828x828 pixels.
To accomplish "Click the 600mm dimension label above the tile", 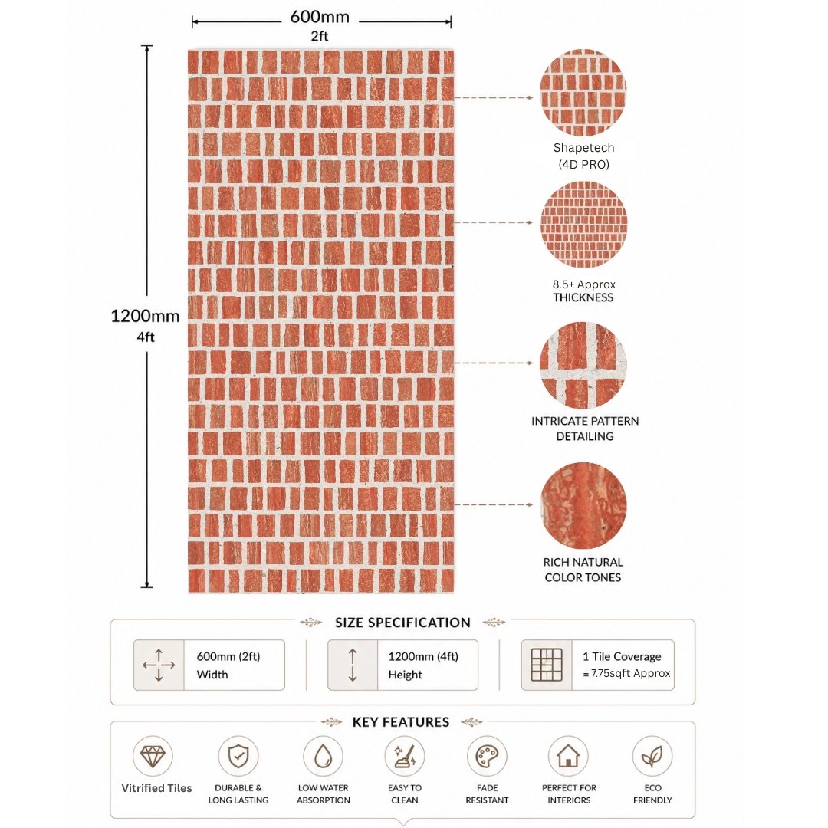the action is pos(320,17).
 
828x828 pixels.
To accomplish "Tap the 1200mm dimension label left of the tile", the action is pos(145,316).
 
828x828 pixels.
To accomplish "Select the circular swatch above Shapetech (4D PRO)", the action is pos(583,93).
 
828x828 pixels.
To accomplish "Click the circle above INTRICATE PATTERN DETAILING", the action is pos(583,365).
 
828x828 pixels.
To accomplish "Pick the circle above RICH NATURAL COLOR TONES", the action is pos(583,506).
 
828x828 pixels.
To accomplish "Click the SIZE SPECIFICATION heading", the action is pos(403,623).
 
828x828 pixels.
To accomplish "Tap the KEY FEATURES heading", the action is pos(401,722).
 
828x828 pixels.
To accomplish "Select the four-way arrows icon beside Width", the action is pos(159,665).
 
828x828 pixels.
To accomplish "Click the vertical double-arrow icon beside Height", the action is pos(353,665).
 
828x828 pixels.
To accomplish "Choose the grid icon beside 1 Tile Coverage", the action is pos(547,664).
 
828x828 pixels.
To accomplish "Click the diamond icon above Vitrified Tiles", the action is pos(153,756).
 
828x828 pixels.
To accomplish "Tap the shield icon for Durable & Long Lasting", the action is pos(238,756).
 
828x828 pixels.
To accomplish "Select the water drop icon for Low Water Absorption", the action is pos(323,756).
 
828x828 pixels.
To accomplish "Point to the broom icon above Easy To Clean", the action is pos(405,756).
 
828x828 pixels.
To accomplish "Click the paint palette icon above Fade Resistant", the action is pos(487,756).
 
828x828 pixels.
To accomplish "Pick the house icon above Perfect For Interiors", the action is pos(568,756).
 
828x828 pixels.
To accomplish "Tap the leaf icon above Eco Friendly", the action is pos(652,756).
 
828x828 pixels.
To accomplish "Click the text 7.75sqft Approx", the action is pos(630,673).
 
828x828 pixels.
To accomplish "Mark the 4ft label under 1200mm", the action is pos(146,337).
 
